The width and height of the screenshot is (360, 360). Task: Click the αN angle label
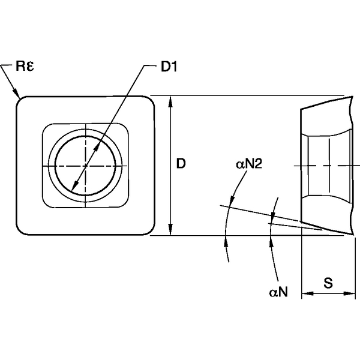pyautogui.click(x=278, y=292)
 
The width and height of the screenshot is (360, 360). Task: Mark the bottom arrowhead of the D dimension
pyautogui.click(x=172, y=232)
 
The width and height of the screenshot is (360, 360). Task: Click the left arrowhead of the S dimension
pyautogui.click(x=304, y=294)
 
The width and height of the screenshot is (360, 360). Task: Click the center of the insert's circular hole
pyautogui.click(x=86, y=165)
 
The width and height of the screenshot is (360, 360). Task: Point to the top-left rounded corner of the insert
pyautogui.click(x=22, y=101)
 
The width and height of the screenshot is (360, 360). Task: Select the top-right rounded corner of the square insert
pyautogui.click(x=151, y=101)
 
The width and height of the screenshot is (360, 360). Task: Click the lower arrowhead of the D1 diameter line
pyautogui.click(x=73, y=187)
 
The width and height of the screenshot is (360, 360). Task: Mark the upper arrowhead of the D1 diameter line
pyautogui.click(x=100, y=142)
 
